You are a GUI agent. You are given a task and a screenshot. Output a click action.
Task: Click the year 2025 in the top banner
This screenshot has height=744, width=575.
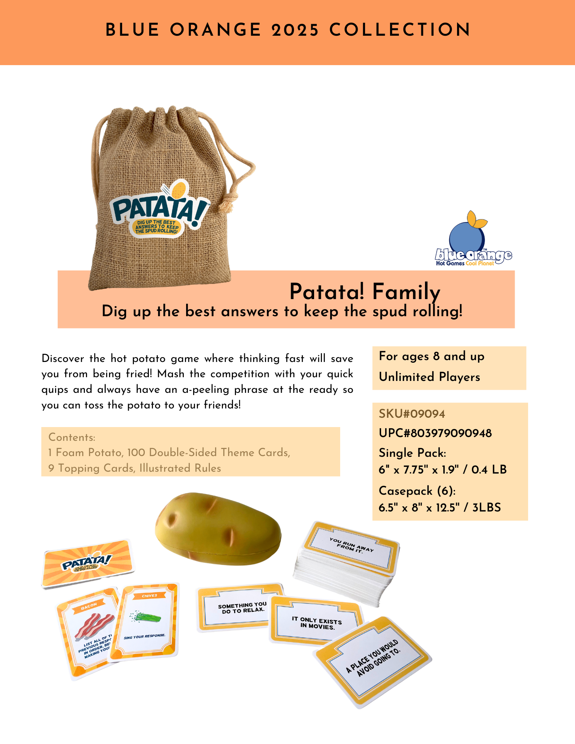coord(295,30)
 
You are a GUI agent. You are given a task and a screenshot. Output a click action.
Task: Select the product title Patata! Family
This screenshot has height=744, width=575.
coord(365,292)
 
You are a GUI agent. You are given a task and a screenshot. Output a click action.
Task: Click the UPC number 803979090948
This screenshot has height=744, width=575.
coord(435,433)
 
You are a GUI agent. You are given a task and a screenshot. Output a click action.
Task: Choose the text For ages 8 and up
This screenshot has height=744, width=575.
coord(431,356)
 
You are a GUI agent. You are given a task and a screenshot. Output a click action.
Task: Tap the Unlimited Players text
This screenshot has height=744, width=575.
coord(429,377)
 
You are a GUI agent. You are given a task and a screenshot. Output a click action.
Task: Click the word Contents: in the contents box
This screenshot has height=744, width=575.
coord(72,437)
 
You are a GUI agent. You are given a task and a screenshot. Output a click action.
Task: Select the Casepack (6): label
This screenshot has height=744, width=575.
coord(417,491)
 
